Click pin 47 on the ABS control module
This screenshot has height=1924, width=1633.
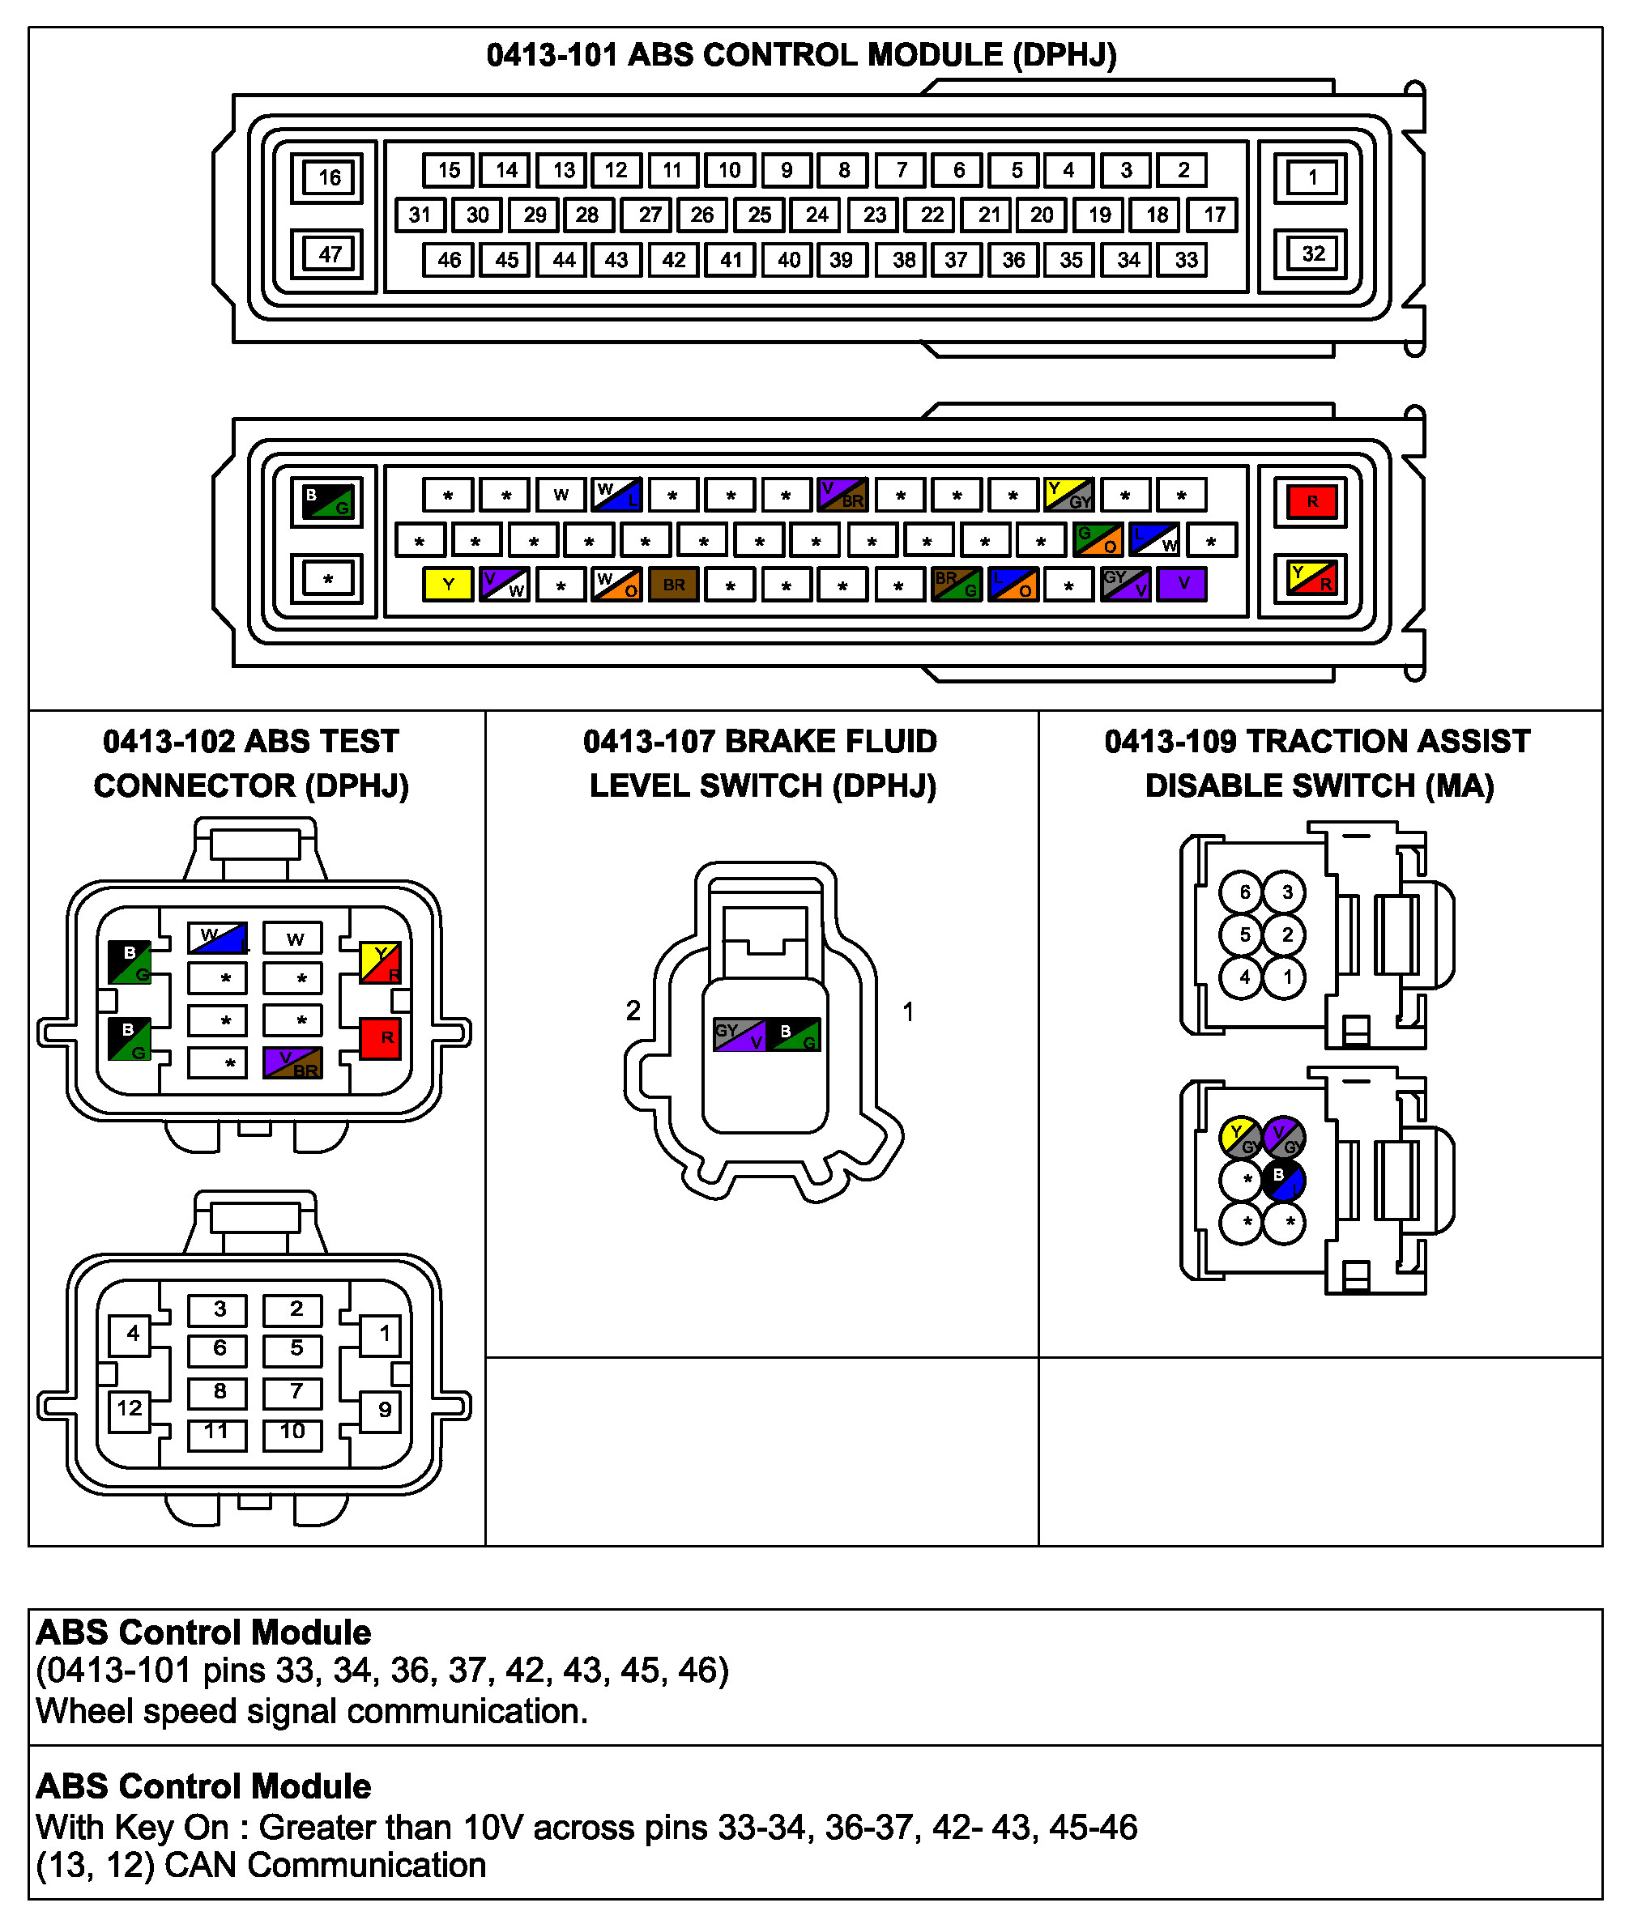pos(329,253)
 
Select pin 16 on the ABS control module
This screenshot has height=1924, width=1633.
pos(329,177)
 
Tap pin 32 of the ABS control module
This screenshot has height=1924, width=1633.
pos(1311,253)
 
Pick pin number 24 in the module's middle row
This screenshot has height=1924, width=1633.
pos(816,215)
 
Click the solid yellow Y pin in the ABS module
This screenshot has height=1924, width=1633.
pos(448,584)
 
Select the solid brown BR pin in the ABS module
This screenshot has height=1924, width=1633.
pos(673,584)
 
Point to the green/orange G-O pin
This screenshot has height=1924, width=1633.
pos(1097,539)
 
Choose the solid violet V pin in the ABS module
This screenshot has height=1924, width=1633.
pos(1182,584)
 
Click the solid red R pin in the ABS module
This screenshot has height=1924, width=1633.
pos(1311,501)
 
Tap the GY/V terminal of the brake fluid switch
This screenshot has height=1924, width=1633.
pos(740,1035)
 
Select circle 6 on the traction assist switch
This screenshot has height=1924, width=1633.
pos(1243,892)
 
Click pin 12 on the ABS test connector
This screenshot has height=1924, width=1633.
pos(130,1408)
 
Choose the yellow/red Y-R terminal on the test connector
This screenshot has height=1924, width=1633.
pos(381,963)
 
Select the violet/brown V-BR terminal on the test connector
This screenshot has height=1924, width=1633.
pos(292,1062)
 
